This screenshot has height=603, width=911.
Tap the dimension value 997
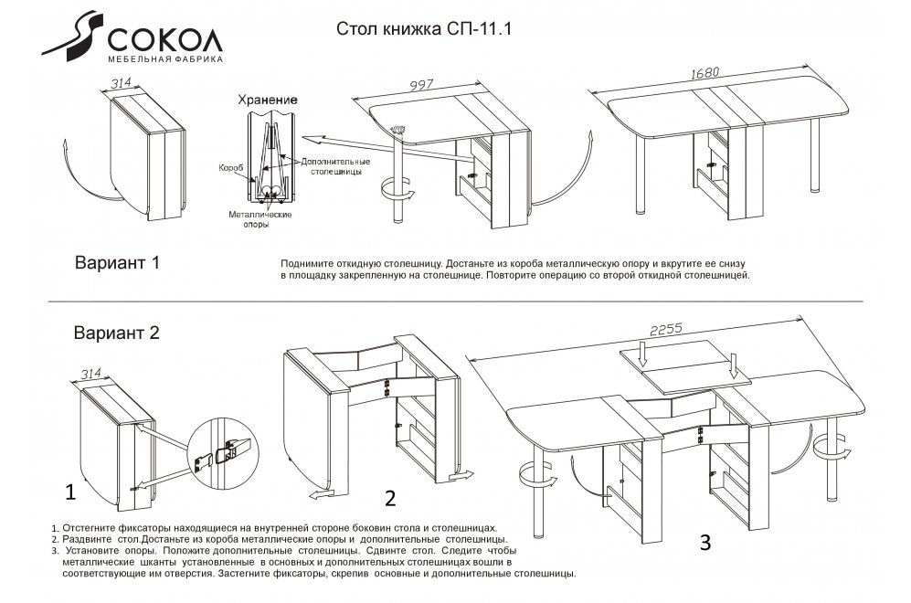[421, 86]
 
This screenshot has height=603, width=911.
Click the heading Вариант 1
[116, 263]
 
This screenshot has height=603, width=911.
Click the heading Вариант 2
[116, 333]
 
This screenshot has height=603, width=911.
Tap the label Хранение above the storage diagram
[267, 99]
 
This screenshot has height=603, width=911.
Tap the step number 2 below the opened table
[389, 498]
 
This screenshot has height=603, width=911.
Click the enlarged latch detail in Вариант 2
[225, 449]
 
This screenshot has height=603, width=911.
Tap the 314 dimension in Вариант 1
[121, 83]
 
